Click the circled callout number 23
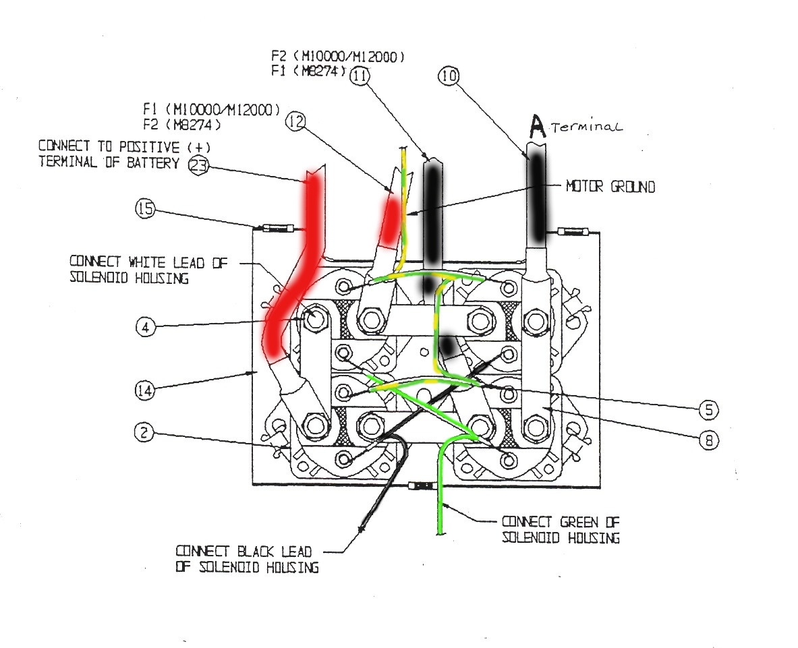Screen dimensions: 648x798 [x=198, y=165]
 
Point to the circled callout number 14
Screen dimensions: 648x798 [x=145, y=389]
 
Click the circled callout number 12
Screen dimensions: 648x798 [x=295, y=122]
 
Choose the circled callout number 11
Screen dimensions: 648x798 [x=361, y=76]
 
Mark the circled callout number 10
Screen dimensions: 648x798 [x=449, y=76]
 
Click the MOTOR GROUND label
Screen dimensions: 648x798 [x=610, y=187]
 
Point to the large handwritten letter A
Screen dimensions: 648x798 [x=537, y=125]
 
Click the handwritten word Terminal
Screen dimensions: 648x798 [x=586, y=127]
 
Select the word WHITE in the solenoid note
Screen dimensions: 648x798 [x=147, y=262]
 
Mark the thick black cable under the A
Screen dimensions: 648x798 [x=537, y=196]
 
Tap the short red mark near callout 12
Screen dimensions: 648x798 [x=390, y=219]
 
